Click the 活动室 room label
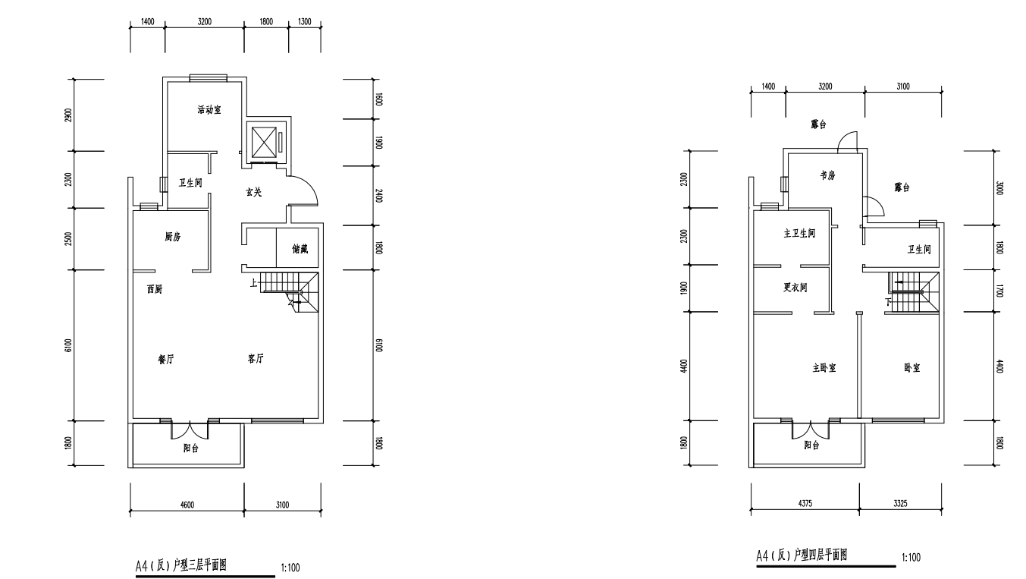(209, 109)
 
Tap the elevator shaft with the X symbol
(264, 143)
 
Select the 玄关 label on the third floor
(254, 192)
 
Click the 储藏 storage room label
(300, 249)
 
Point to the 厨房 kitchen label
(173, 237)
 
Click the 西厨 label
(155, 289)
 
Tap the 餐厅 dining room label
(166, 360)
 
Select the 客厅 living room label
(256, 358)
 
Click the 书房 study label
(827, 175)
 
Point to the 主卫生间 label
(799, 233)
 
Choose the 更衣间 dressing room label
(795, 288)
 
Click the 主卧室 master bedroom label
(824, 368)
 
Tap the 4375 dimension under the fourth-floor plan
(805, 503)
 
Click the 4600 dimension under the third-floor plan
(187, 505)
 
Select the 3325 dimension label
(900, 503)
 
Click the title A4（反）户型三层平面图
(181, 565)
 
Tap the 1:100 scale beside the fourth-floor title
(911, 558)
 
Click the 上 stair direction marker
(253, 283)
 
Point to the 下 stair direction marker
(888, 302)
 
